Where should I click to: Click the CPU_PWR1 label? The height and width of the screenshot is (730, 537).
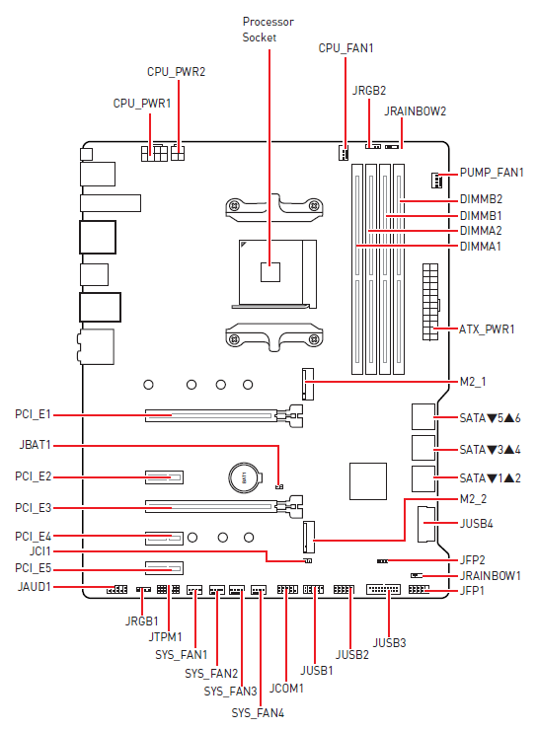coord(142,103)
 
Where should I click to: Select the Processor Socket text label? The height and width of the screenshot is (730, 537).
coord(268,30)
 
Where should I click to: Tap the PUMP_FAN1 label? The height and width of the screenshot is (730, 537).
coord(492,173)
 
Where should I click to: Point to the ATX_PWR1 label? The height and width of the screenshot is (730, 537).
coord(488,328)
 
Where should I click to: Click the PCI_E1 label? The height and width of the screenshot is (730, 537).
coord(33,414)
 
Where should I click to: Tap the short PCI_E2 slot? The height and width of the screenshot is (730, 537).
coord(165,477)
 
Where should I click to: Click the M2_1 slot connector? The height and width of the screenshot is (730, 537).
coord(308,383)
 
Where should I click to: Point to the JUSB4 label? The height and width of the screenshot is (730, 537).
coord(482,523)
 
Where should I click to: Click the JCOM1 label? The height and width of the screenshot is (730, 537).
coord(286,687)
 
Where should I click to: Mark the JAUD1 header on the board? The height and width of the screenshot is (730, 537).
coord(115,590)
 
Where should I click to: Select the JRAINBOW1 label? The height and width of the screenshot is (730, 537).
coord(491,575)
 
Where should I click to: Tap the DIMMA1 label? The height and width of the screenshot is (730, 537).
coord(481,246)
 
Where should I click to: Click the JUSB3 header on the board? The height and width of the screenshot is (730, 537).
coord(382,590)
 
